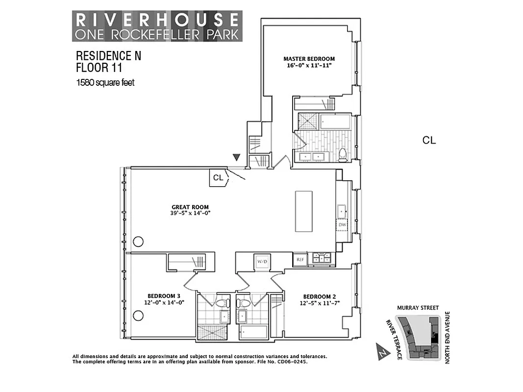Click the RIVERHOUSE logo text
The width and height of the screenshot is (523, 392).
(x=156, y=20)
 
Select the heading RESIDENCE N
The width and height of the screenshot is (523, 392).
(x=108, y=56)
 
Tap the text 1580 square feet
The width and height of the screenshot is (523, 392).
(x=105, y=82)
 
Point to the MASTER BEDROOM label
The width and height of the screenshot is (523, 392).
(x=309, y=59)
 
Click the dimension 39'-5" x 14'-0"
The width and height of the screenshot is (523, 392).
(x=190, y=214)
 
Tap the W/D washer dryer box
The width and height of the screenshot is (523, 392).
(x=262, y=262)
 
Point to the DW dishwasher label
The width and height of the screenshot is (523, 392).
(x=342, y=225)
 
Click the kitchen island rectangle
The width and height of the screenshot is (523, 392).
(x=303, y=211)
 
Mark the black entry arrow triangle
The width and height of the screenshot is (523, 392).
(x=236, y=157)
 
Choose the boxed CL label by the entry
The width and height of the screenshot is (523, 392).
(x=218, y=178)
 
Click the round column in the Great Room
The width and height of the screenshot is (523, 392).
(x=139, y=242)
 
